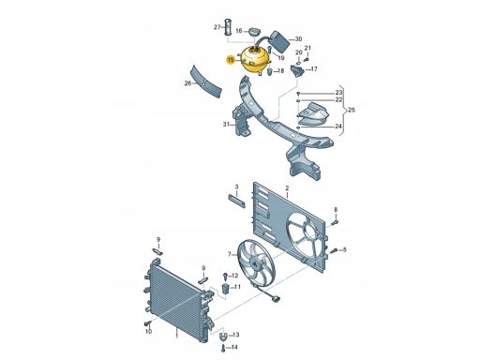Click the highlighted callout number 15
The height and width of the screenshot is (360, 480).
(x=231, y=59)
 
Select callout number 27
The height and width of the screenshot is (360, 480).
(x=217, y=28)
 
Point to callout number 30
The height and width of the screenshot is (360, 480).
(x=299, y=38)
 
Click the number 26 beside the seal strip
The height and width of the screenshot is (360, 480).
(x=187, y=83)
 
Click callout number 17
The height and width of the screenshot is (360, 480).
(x=314, y=69)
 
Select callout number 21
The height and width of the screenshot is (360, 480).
(x=308, y=48)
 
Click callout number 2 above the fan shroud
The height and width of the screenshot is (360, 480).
(x=287, y=188)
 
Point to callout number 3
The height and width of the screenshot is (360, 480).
(x=237, y=187)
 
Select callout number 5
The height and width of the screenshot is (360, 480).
(x=344, y=248)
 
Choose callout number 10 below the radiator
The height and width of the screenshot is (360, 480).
(x=147, y=331)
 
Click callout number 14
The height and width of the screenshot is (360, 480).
(x=235, y=347)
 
